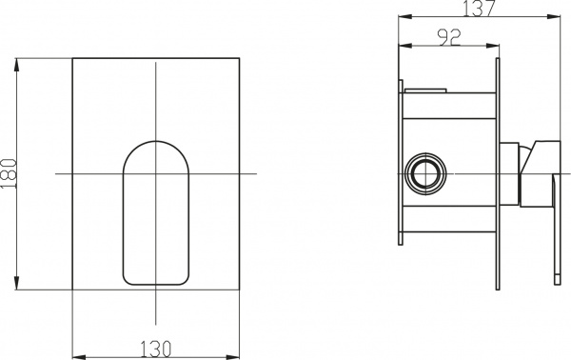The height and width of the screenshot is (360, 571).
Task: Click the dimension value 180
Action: (x=9, y=174)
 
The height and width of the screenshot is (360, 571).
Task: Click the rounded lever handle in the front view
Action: (x=156, y=213)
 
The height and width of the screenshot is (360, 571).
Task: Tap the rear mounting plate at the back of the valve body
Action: (x=400, y=174)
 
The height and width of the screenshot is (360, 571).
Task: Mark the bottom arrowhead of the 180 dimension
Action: (x=19, y=287)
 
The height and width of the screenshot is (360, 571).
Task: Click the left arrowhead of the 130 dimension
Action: (x=77, y=335)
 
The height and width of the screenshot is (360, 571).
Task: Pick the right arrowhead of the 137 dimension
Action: (x=555, y=16)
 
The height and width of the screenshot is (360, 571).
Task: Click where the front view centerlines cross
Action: (x=156, y=174)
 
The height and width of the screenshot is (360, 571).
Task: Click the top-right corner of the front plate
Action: (x=240, y=58)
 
